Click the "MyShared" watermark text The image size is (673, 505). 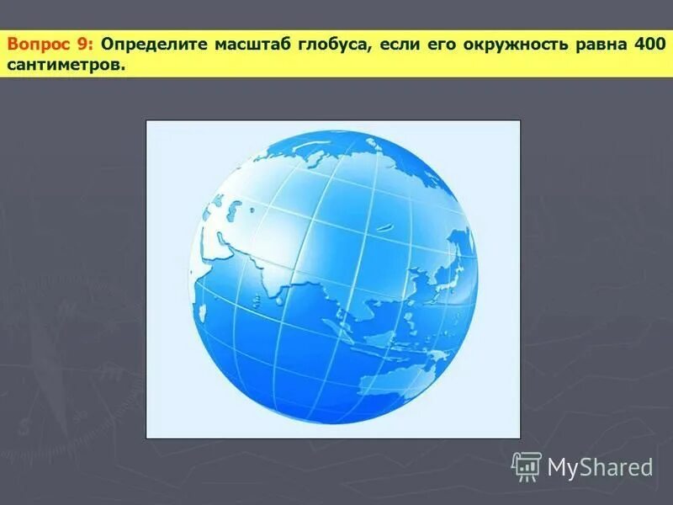(601, 467)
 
